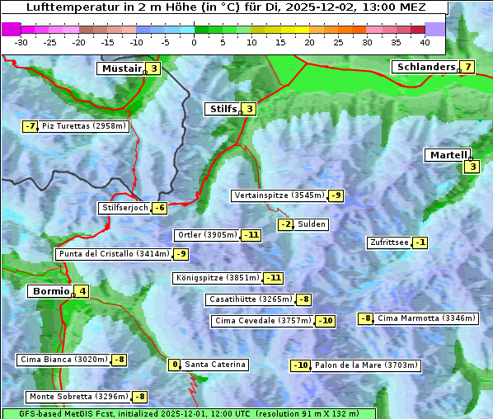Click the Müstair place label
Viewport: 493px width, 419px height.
120,68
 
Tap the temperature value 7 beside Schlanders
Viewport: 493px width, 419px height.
467,67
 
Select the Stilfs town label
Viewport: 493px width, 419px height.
222,108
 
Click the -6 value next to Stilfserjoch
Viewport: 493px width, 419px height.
160,208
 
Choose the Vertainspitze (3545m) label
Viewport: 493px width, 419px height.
279,195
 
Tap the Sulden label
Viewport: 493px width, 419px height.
312,224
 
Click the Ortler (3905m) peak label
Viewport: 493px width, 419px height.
208,235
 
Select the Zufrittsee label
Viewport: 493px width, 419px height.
388,242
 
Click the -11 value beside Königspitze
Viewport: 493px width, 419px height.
274,278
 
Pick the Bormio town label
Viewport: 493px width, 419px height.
49,291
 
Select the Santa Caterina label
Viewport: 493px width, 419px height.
214,365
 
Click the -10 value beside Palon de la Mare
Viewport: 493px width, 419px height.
301,365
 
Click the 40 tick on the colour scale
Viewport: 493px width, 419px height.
425,41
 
